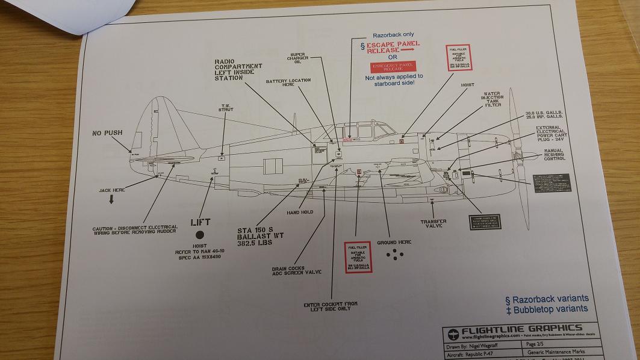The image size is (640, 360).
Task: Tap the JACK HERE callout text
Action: pos(111,190)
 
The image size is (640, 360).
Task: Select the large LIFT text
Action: pos(200,222)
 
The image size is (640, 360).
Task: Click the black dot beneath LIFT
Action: pos(200,235)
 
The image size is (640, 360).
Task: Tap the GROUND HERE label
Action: pos(395,241)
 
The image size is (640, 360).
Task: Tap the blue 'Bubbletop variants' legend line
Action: pos(545,309)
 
